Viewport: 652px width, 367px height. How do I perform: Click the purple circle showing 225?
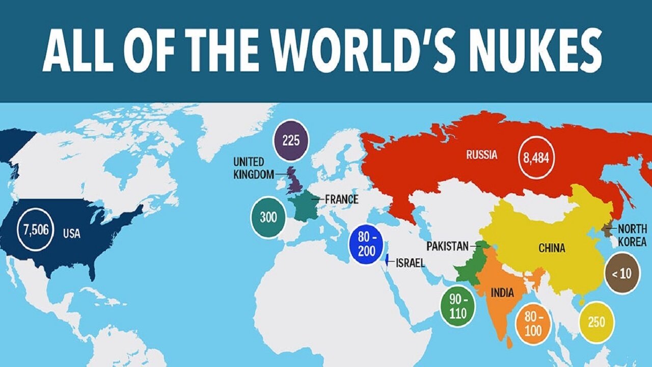point(291,140)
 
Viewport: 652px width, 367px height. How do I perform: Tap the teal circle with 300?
point(268,217)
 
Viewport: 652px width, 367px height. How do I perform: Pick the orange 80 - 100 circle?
point(532,323)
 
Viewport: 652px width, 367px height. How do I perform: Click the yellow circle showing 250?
point(596,322)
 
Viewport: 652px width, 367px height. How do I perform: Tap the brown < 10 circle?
point(621,273)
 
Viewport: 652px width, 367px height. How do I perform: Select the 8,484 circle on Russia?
point(535,158)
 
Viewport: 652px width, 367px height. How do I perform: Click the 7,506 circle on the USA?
point(36,230)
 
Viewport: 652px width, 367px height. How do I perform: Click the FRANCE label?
point(341,199)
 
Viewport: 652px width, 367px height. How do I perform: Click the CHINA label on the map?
point(552,248)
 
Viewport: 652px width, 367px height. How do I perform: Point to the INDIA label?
point(502,293)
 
